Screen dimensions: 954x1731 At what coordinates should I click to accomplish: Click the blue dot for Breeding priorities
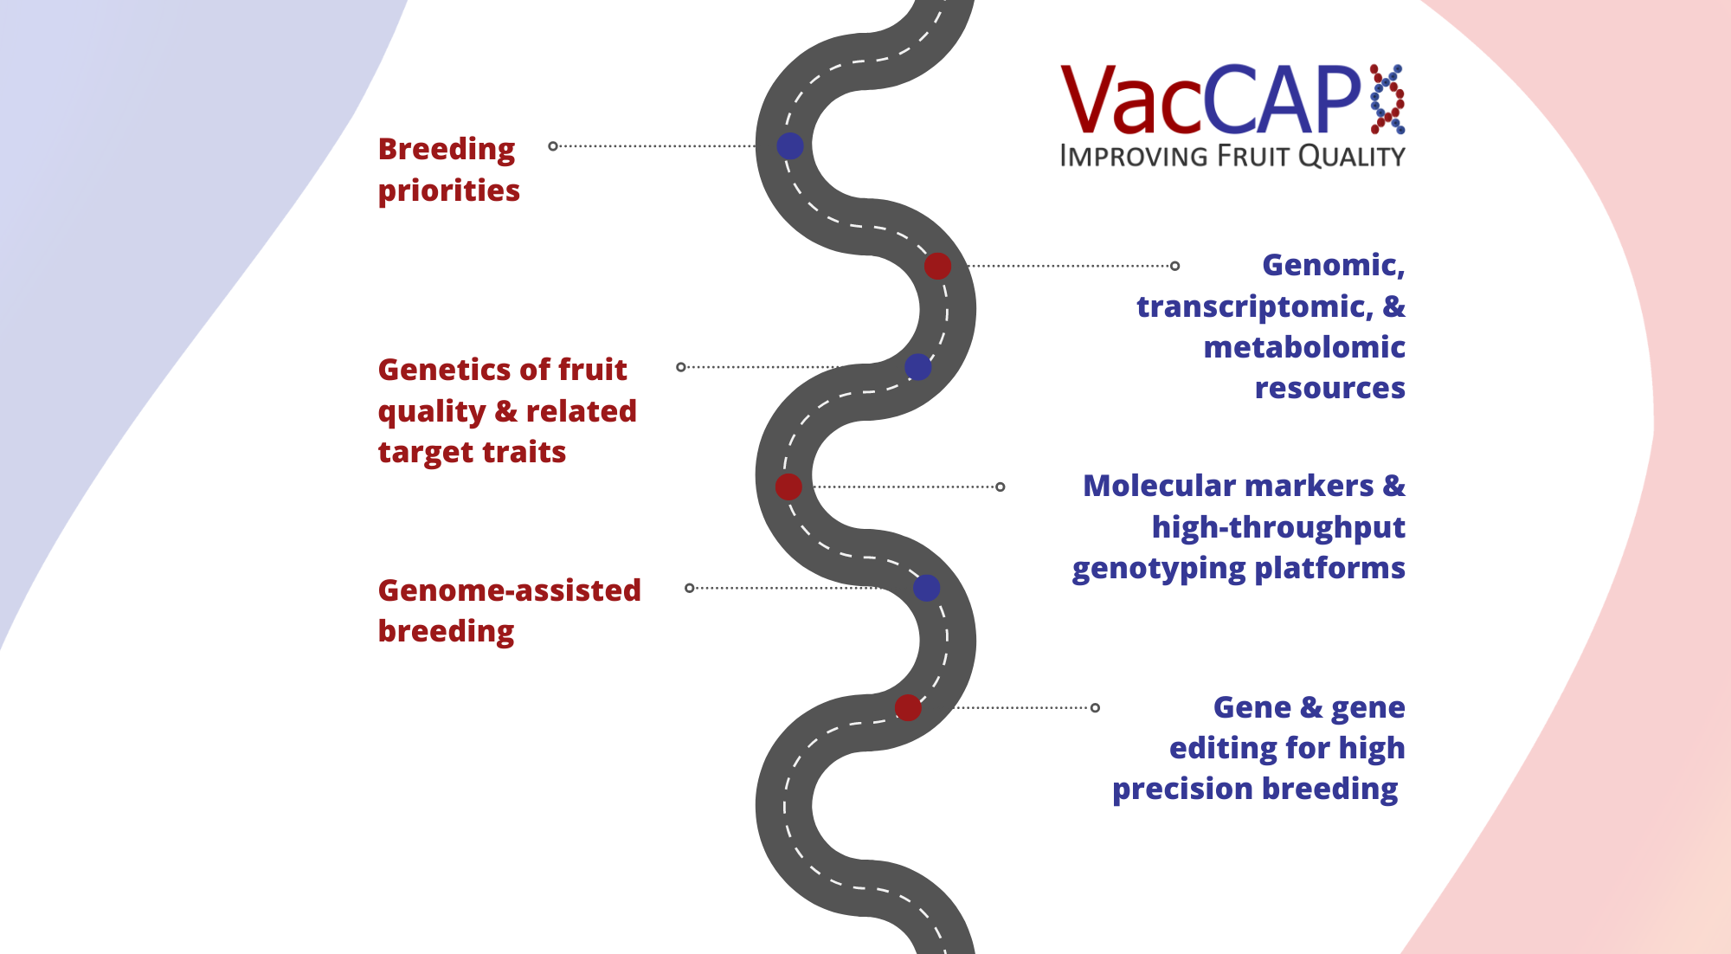[789, 145]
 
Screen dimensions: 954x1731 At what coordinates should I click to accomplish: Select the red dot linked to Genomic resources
[937, 266]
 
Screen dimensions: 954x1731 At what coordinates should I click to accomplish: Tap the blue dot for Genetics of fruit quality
[917, 367]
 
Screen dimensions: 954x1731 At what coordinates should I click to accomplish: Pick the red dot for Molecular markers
[788, 487]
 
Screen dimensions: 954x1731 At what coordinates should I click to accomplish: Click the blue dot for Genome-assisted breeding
[926, 588]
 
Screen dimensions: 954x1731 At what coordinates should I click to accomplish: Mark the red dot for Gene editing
[907, 707]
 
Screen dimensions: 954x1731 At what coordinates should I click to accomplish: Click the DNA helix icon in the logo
[1387, 99]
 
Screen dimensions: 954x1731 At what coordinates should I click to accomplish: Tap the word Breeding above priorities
[447, 150]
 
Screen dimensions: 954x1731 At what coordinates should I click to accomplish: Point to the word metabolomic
[1303, 347]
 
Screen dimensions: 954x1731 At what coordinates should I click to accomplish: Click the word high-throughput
[1277, 527]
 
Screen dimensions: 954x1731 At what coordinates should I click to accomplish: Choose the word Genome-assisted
[509, 590]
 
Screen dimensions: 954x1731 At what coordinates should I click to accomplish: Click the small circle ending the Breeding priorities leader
[553, 145]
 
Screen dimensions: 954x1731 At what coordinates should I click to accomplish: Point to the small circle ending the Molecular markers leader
[1000, 487]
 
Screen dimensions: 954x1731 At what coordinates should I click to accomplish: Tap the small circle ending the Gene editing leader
[1095, 707]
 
